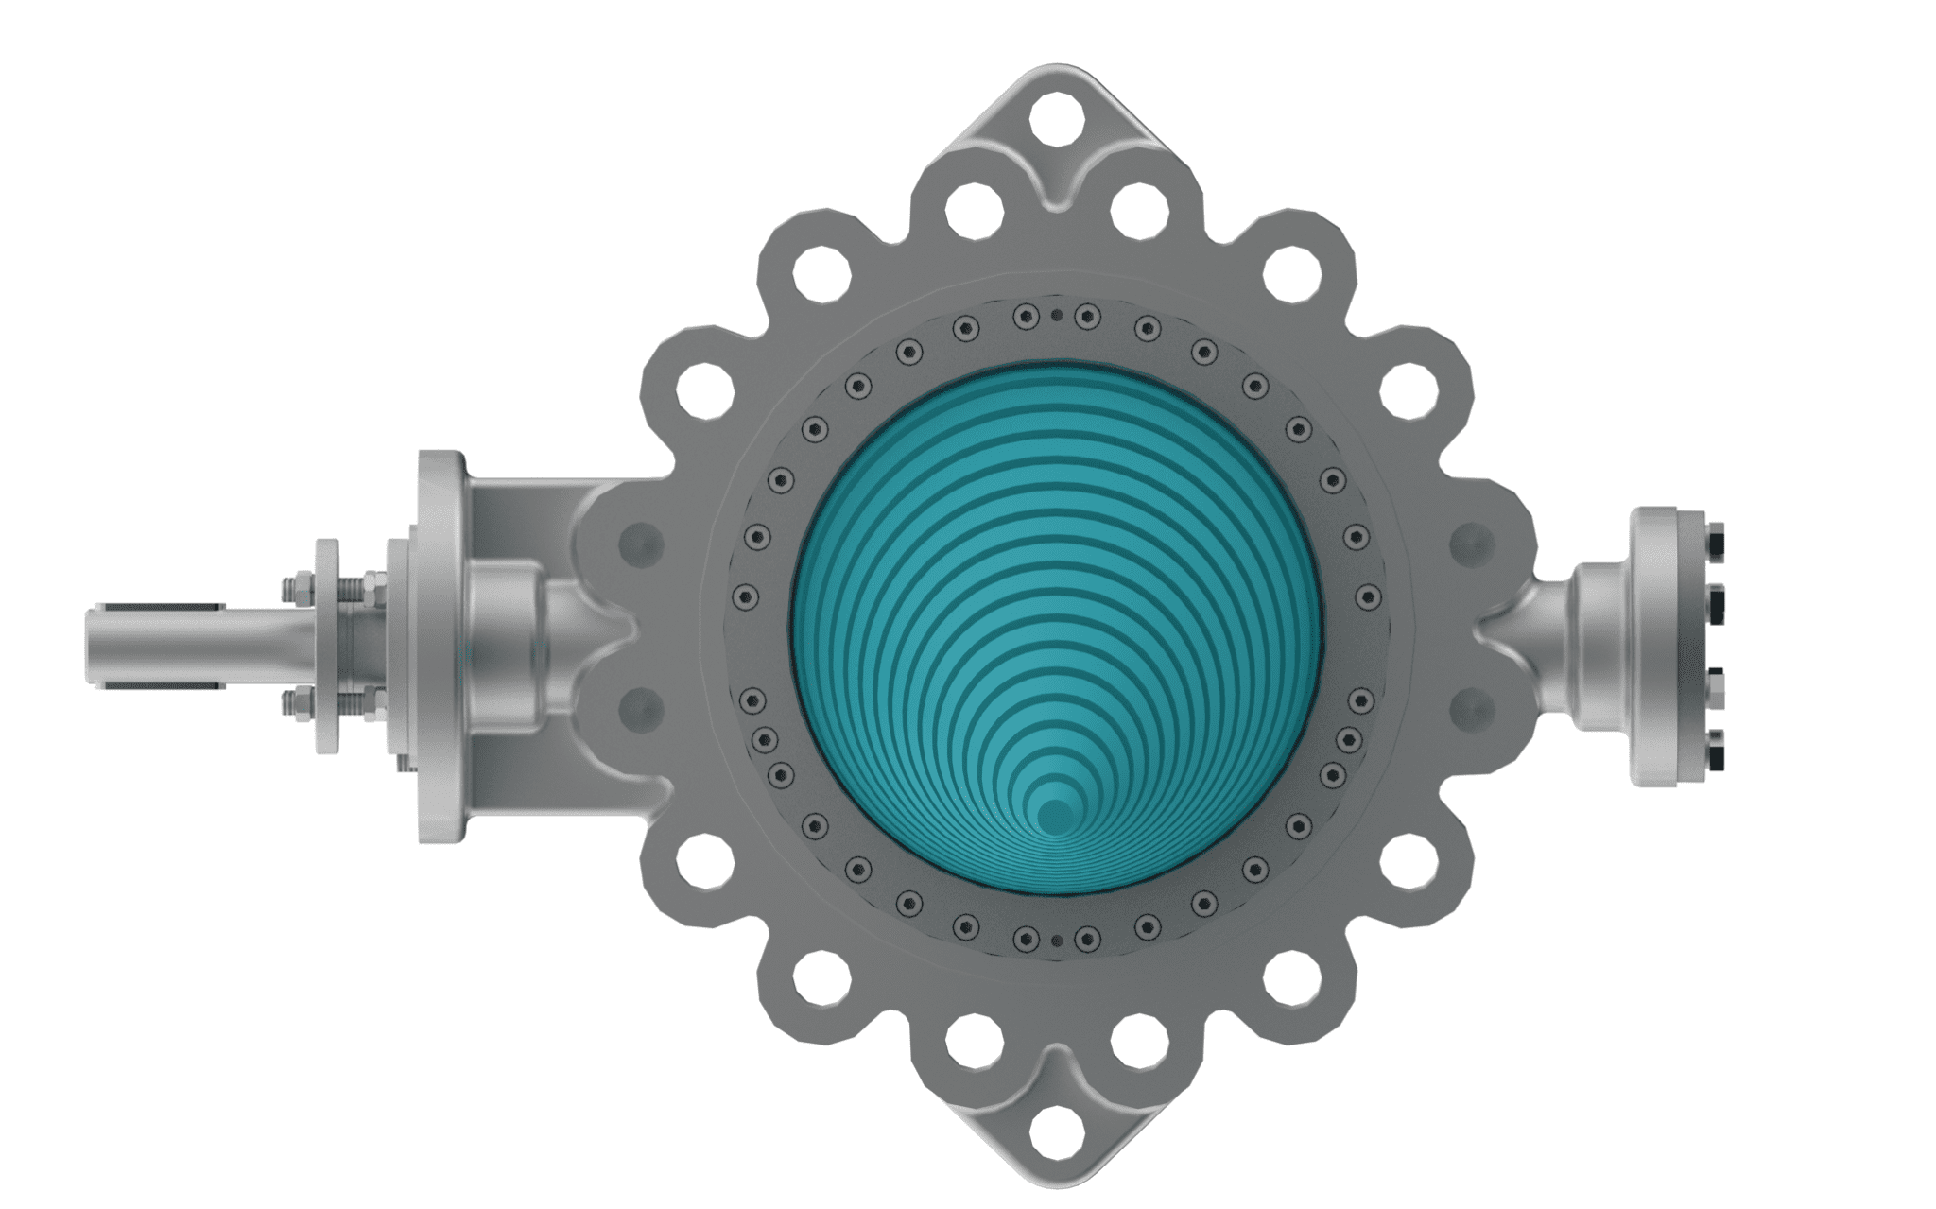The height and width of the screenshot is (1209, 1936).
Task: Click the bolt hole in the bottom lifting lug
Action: pos(1056,1127)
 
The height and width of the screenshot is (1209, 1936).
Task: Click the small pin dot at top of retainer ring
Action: pos(1057,316)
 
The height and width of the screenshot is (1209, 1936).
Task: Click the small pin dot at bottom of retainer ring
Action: pos(1057,940)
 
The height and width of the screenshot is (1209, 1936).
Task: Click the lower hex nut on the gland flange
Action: pos(292,704)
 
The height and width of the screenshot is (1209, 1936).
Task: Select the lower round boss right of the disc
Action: pos(1469,707)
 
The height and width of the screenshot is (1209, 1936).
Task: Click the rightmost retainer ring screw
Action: pos(1368,596)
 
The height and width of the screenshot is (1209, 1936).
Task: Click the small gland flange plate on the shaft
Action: pos(326,648)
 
